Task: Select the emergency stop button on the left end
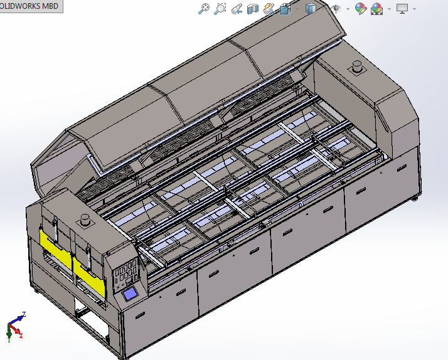click(x=85, y=220)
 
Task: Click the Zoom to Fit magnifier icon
click(x=203, y=8)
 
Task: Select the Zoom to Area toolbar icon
click(x=220, y=8)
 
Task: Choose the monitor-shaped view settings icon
click(x=402, y=8)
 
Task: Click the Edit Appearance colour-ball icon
click(x=360, y=8)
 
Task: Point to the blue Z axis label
click(x=23, y=314)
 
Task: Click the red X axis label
click(x=21, y=336)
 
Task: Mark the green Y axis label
click(x=9, y=339)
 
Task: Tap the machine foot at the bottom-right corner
click(x=415, y=199)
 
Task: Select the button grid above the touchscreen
click(x=125, y=275)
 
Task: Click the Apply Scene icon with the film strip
click(x=376, y=9)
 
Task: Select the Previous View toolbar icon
click(x=236, y=9)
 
